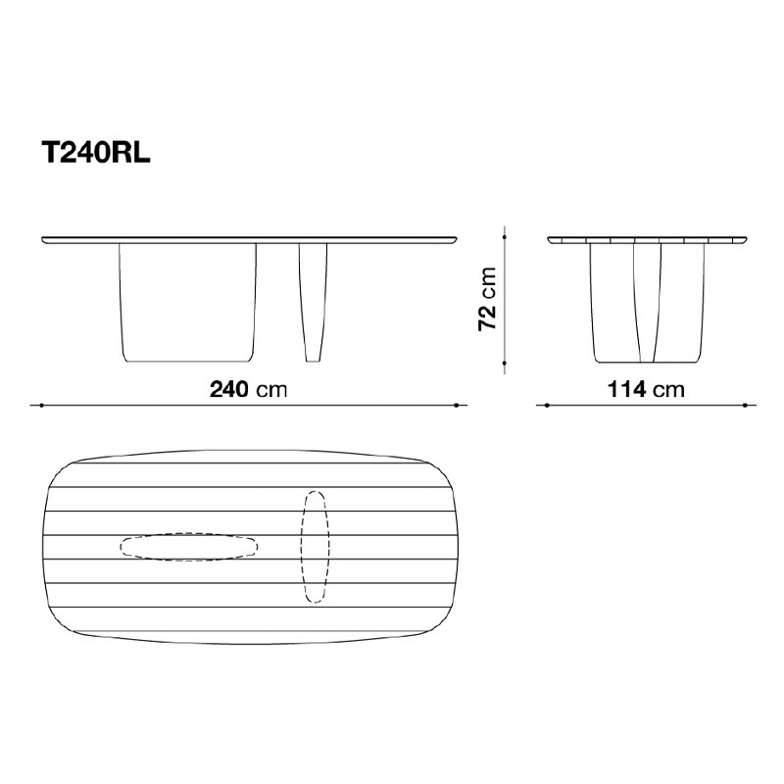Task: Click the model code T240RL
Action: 96,152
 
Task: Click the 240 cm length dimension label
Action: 249,389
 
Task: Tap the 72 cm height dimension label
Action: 487,299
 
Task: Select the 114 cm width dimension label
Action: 646,389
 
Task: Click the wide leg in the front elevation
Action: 187,303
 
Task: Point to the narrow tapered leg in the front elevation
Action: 313,303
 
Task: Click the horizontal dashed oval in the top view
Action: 189,547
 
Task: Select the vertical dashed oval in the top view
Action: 315,547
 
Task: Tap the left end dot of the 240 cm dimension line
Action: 42,405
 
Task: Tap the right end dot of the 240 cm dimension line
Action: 457,405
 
